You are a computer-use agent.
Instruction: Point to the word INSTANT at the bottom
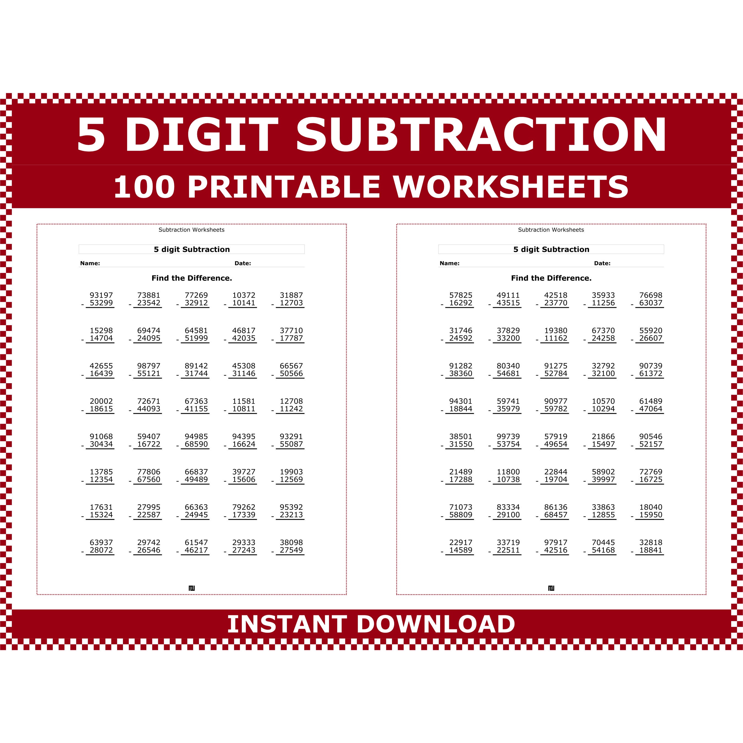(287, 624)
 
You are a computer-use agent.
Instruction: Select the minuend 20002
(101, 401)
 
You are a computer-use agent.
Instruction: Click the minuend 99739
(508, 437)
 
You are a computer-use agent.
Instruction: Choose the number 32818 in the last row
(651, 542)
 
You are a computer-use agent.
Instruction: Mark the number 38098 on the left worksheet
(291, 542)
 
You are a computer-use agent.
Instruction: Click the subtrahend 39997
(603, 479)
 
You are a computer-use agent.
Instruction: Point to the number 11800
(508, 472)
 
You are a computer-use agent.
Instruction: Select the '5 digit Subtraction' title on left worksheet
(191, 249)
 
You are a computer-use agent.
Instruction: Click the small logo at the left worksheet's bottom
(191, 588)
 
